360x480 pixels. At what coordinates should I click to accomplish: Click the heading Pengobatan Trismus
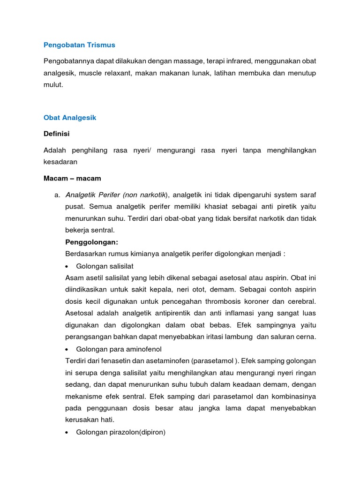tap(79, 45)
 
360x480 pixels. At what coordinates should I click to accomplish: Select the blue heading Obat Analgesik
tap(70, 118)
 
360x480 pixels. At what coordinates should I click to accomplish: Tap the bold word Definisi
tap(56, 134)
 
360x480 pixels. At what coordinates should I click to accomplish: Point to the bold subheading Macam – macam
tap(72, 178)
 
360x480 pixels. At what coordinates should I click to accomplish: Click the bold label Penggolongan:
tap(92, 242)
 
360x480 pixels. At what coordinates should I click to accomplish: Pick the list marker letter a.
tap(57, 195)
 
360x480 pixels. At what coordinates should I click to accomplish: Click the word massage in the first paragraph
tap(180, 61)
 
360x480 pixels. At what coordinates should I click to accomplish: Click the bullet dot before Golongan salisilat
tap(68, 266)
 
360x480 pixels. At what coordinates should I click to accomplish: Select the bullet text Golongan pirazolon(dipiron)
tap(120, 432)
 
